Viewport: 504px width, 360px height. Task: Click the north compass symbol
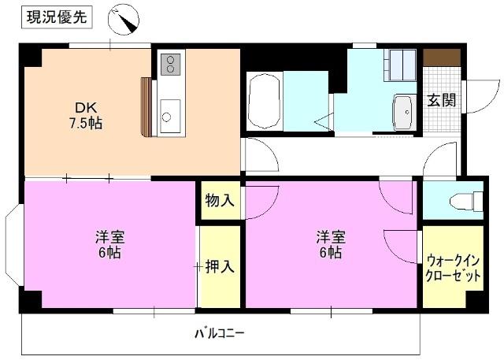124,20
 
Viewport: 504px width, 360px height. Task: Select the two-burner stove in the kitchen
171,65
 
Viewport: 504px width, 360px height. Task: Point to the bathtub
265,102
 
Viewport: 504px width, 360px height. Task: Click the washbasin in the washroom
404,112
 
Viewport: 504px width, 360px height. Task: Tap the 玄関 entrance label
440,100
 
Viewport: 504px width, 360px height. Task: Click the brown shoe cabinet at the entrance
441,58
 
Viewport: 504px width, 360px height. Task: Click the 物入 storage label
220,200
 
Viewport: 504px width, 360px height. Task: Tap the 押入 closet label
220,266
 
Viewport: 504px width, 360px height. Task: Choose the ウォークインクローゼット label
453,268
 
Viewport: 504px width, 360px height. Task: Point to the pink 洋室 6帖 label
108,245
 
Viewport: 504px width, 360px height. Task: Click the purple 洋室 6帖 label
329,245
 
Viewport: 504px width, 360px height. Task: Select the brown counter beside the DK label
146,107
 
